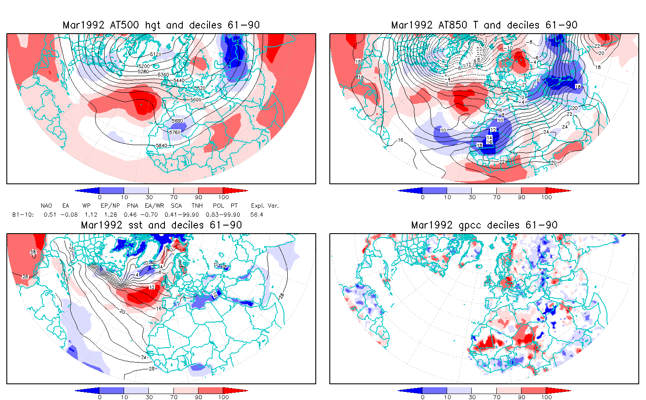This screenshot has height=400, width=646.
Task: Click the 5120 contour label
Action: (x=156, y=54)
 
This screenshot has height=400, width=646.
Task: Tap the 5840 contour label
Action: (x=161, y=146)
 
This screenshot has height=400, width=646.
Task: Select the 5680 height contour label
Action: (x=177, y=121)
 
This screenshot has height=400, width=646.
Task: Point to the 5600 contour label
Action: (x=196, y=100)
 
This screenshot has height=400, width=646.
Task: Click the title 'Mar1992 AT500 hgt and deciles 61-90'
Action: (x=161, y=25)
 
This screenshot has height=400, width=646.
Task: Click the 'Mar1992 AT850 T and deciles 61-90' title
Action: (x=484, y=25)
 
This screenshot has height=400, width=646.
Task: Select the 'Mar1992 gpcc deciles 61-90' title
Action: (x=484, y=225)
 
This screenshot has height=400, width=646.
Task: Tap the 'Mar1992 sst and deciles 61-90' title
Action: (x=161, y=225)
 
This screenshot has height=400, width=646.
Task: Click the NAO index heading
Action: (x=46, y=206)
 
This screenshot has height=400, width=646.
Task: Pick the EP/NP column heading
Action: (x=110, y=206)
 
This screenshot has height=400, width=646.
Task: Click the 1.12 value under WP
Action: (x=91, y=215)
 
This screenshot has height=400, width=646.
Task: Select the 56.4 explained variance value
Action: (x=257, y=215)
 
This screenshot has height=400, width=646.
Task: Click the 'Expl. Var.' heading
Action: (x=265, y=206)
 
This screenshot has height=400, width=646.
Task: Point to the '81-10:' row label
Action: (x=23, y=215)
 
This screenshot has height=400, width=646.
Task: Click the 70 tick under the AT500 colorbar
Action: (x=173, y=197)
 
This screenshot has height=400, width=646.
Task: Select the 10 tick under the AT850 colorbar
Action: (x=447, y=197)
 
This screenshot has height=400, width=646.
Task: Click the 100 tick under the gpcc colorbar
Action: (x=546, y=397)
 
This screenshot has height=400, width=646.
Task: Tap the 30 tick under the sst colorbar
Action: (x=149, y=397)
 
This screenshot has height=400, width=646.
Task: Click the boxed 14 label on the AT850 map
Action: (x=490, y=138)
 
